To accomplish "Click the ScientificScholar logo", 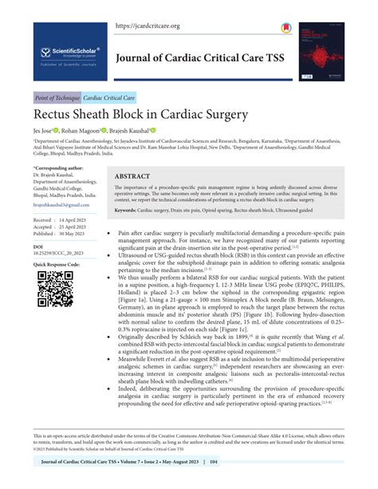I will [x=68, y=54].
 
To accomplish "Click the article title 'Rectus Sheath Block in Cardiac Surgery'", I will [x=143, y=117].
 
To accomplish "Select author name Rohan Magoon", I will [x=103, y=132].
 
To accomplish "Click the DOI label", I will [x=38, y=248].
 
